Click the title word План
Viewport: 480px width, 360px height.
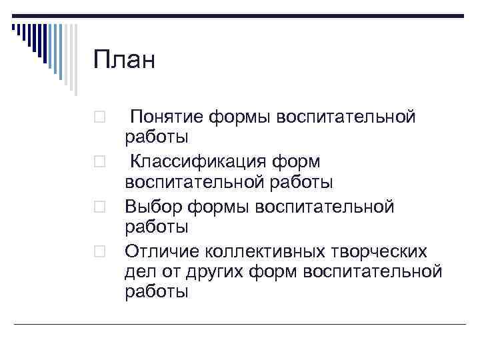click(x=124, y=61)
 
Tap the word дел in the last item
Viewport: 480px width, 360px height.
click(x=138, y=271)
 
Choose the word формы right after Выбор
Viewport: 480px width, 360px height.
click(x=217, y=207)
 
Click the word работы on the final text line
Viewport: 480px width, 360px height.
click(x=157, y=293)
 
